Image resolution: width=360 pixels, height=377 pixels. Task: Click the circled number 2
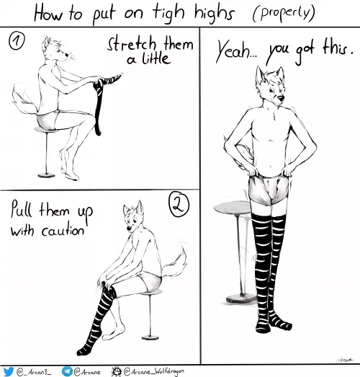coord(179,205)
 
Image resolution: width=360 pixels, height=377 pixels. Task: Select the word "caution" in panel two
coord(64,232)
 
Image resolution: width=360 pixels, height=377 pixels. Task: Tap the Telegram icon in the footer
coord(67,371)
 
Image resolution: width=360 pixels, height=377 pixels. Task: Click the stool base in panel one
coord(49,174)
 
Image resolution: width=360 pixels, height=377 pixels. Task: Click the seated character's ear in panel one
coord(46,43)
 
